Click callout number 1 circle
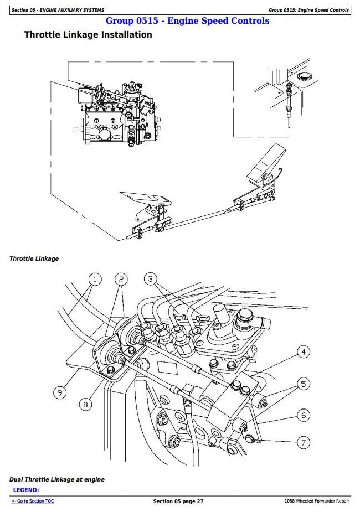pyautogui.click(x=95, y=279)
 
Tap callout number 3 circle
pyautogui.click(x=150, y=279)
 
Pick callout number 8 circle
pyautogui.click(x=85, y=405)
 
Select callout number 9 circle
pyautogui.click(x=59, y=392)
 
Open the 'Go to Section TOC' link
pyautogui.click(x=33, y=501)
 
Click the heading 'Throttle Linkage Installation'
pyautogui.click(x=88, y=35)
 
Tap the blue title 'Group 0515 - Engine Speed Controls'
pyautogui.click(x=187, y=21)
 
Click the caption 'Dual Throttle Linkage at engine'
pyautogui.click(x=56, y=479)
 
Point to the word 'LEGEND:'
pyautogui.click(x=25, y=490)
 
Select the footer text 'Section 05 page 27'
pyautogui.click(x=178, y=501)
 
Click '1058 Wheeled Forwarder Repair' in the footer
pyautogui.click(x=313, y=501)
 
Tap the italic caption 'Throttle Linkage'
pyautogui.click(x=34, y=258)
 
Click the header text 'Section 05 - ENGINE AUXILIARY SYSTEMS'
pyautogui.click(x=58, y=10)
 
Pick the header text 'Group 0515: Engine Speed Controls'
pyautogui.click(x=308, y=10)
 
